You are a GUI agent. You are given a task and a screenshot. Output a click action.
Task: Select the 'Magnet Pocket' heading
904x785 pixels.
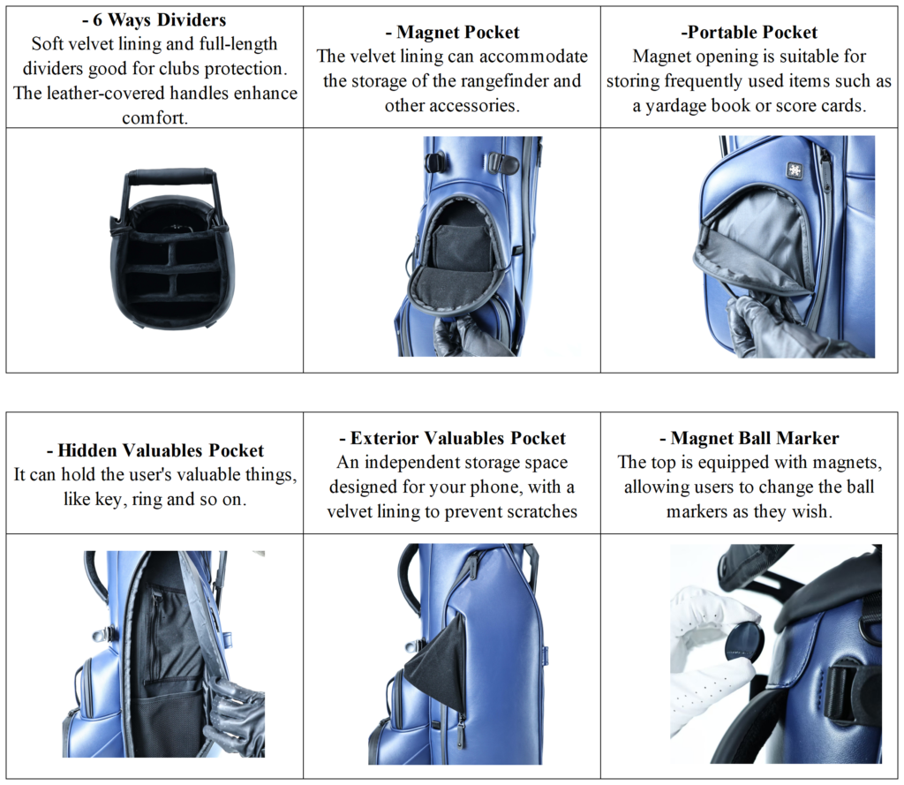452,33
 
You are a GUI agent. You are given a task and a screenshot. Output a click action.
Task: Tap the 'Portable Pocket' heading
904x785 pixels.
750,33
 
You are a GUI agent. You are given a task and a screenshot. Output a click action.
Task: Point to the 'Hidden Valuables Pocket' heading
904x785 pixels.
155,450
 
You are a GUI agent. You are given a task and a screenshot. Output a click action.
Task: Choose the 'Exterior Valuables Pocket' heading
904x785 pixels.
452,438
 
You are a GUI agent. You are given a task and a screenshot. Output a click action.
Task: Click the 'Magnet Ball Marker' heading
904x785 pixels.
750,438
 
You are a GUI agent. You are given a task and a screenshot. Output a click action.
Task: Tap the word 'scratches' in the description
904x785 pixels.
539,511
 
